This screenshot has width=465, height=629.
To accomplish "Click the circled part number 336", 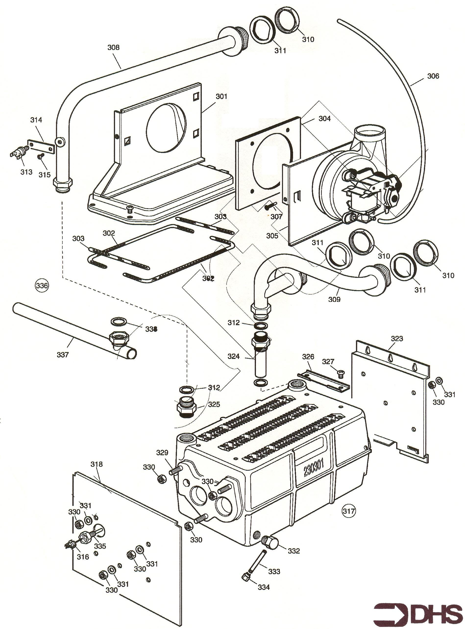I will tap(42, 286).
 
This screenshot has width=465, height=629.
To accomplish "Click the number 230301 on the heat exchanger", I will tap(314, 469).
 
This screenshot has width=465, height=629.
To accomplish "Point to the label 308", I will tap(113, 47).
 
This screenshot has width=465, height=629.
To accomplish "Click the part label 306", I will tap(433, 76).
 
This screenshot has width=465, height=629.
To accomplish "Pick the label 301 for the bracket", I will tap(221, 96).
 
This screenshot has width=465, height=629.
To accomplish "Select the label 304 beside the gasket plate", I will tap(325, 119).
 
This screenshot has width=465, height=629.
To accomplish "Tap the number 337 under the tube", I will tap(62, 355).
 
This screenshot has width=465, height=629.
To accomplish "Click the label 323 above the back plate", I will tap(397, 338).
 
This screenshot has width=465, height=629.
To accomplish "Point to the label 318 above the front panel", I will tap(97, 464).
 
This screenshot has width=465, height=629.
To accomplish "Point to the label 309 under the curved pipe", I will tap(334, 299).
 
